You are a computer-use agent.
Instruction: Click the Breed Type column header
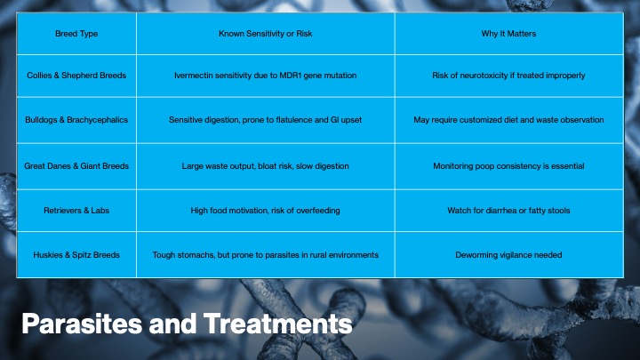[76, 34]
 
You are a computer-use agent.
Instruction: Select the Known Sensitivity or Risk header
[265, 34]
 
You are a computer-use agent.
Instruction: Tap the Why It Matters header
[508, 34]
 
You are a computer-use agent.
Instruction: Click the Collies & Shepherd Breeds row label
[76, 76]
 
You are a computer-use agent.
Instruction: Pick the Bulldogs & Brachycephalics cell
[76, 120]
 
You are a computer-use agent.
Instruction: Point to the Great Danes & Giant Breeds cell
[76, 166]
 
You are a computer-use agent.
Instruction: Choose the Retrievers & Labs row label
[76, 211]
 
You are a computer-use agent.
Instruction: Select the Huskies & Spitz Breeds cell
[76, 255]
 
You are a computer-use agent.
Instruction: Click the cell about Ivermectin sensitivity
[265, 76]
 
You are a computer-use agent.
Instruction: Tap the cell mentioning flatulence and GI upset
[265, 120]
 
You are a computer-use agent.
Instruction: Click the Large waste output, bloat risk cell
[265, 166]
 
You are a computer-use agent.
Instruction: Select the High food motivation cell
[265, 211]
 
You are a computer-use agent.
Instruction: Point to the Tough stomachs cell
[265, 255]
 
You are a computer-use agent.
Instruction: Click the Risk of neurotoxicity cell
[508, 76]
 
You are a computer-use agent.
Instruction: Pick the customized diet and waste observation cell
[508, 120]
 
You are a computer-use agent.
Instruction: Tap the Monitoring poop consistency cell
[508, 166]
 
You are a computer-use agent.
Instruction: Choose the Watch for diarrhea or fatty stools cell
[508, 211]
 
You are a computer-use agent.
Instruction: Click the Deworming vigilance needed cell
[508, 255]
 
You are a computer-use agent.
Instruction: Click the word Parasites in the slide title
[82, 324]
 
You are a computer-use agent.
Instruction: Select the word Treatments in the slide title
[278, 324]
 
